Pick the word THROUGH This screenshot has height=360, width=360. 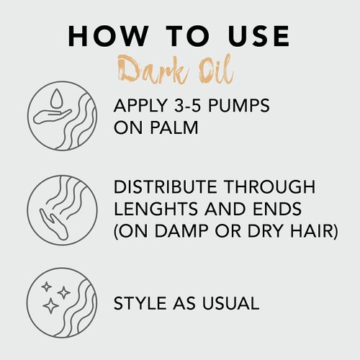coord(278,187)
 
